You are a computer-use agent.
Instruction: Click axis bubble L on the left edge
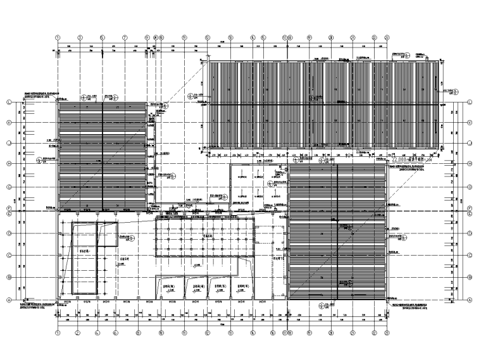tap(9, 102)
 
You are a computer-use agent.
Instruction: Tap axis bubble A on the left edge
tap(9, 300)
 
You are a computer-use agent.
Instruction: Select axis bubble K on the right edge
tap(471, 122)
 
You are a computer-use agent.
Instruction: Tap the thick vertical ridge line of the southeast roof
tap(337, 231)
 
